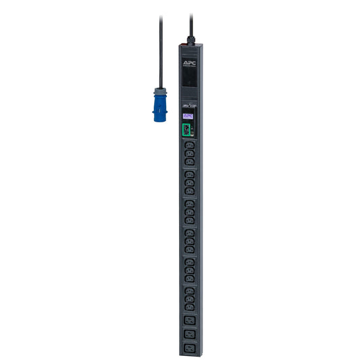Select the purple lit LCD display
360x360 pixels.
[189, 115]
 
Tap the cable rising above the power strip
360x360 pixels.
[190, 17]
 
